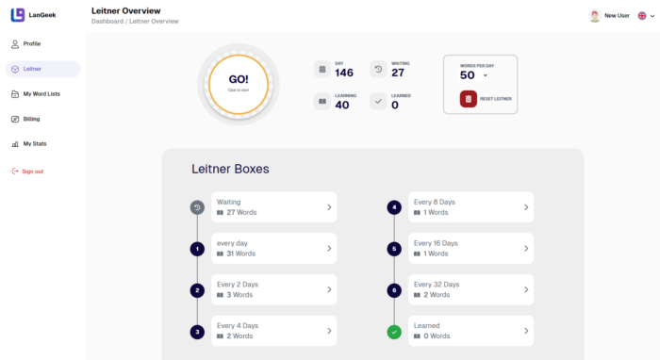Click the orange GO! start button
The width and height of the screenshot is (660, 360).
239,83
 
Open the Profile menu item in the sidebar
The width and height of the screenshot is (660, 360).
32,44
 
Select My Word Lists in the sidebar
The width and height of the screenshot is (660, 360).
41,94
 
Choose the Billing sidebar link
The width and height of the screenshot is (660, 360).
31,119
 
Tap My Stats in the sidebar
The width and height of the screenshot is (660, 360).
34,144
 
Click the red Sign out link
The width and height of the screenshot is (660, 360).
32,172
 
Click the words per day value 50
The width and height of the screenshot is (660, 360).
469,75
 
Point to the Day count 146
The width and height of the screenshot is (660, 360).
344,73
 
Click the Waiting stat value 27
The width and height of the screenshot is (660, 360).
398,73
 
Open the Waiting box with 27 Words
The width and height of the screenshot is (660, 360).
272,207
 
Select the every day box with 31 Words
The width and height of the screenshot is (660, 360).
272,249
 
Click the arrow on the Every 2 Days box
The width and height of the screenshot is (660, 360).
329,290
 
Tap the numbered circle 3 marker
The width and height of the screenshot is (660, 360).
197,332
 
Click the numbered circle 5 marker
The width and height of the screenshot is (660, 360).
393,249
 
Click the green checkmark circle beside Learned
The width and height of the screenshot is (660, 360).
393,332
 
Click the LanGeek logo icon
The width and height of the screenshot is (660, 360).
18,14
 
